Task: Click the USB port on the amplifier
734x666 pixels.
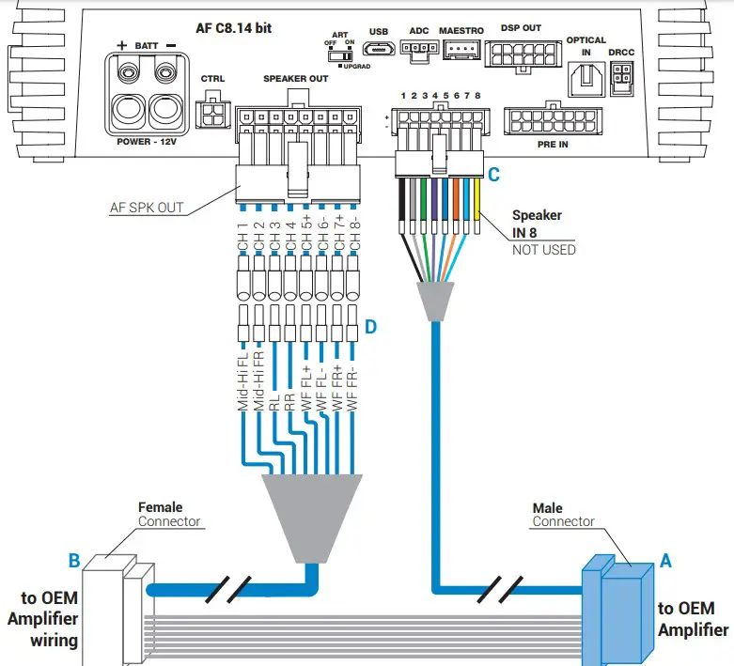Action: [x=380, y=50]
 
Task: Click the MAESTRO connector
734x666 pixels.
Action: [x=461, y=51]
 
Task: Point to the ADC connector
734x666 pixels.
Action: [x=418, y=51]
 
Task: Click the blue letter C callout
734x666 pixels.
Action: [x=493, y=174]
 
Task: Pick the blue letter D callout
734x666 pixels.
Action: [x=370, y=326]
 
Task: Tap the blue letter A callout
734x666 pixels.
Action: [x=666, y=561]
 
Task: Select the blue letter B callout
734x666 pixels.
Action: [x=73, y=562]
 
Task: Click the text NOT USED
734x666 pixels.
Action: [x=543, y=250]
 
